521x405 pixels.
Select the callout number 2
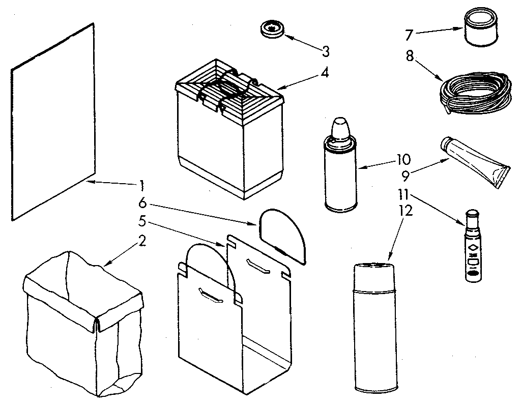pos(142,241)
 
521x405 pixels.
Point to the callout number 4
pos(324,72)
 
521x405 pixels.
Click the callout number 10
pos(402,159)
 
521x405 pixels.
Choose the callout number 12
pos(406,210)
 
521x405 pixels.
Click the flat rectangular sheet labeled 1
pos(52,122)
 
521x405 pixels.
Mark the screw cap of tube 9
pos(448,146)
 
